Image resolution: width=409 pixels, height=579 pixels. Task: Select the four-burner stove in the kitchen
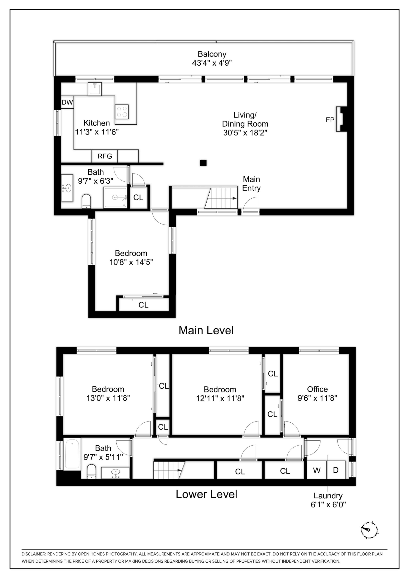pos(122,112)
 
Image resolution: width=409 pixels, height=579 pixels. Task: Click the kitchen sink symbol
pos(95,89)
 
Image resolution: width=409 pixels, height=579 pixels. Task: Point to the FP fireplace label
pos(330,120)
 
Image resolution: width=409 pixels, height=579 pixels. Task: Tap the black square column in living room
pos(203,163)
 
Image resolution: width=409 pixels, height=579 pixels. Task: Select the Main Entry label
pos(251,184)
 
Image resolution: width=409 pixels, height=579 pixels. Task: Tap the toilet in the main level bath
pos(86,201)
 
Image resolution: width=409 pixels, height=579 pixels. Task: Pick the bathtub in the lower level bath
pos(72,454)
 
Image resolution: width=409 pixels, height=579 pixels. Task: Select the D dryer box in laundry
pos(336,470)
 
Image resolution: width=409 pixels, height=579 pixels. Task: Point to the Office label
pos(317,389)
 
